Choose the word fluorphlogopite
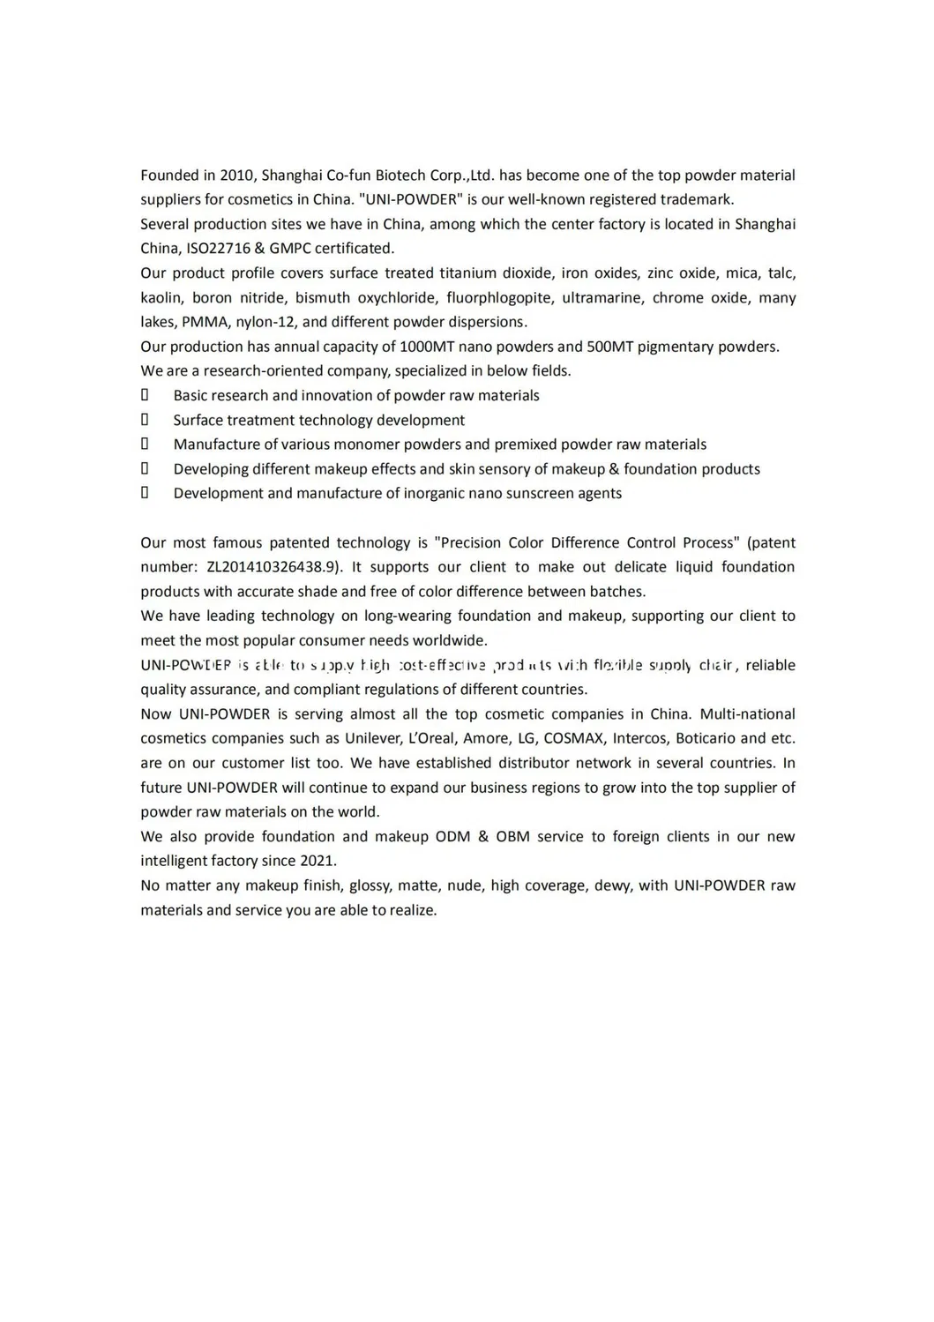tap(499, 298)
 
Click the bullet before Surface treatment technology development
tap(145, 420)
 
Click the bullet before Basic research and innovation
tap(145, 395)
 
